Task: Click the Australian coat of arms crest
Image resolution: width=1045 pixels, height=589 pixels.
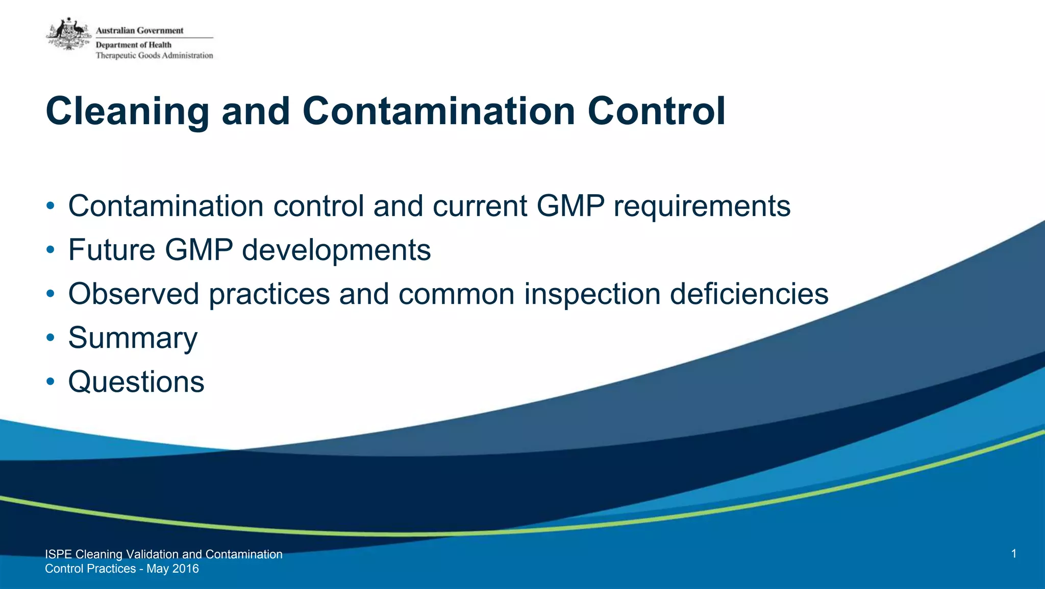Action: tap(69, 34)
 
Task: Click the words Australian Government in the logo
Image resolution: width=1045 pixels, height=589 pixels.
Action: tap(139, 31)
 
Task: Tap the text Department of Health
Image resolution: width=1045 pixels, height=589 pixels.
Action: tap(134, 45)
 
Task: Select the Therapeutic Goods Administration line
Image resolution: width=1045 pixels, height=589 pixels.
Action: tap(154, 56)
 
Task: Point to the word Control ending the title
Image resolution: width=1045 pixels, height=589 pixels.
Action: tap(656, 111)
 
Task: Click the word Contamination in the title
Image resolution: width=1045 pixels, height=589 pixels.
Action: tap(439, 111)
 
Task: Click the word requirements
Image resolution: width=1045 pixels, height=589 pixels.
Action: tap(702, 207)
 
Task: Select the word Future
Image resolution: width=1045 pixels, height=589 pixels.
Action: tap(112, 250)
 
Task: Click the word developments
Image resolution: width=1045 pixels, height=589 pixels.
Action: tap(336, 251)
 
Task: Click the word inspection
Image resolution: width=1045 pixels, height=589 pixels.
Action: tap(592, 295)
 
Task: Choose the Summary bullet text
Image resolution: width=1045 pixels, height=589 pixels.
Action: tap(133, 338)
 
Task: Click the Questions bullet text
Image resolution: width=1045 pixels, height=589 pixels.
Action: tap(136, 382)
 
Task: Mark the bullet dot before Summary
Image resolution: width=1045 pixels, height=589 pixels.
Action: tap(50, 338)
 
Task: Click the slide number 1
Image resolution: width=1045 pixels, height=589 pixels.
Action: tap(1013, 554)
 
